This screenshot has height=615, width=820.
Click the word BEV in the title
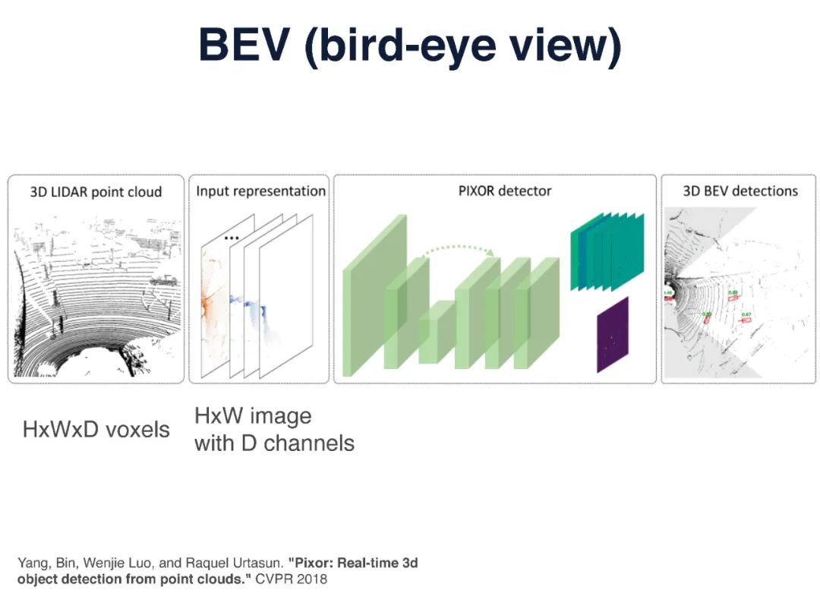pos(244,46)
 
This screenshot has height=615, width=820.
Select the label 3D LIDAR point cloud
pos(96,191)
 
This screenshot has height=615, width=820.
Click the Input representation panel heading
pos(260,191)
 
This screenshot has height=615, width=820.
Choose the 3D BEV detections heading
pos(740,191)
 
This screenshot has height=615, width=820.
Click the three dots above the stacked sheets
pos(232,238)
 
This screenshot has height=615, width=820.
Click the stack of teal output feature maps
pos(607,251)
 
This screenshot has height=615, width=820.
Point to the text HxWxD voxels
pos(96,430)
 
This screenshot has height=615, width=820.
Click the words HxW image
pos(253,416)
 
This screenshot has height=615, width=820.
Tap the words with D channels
pos(274,443)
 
